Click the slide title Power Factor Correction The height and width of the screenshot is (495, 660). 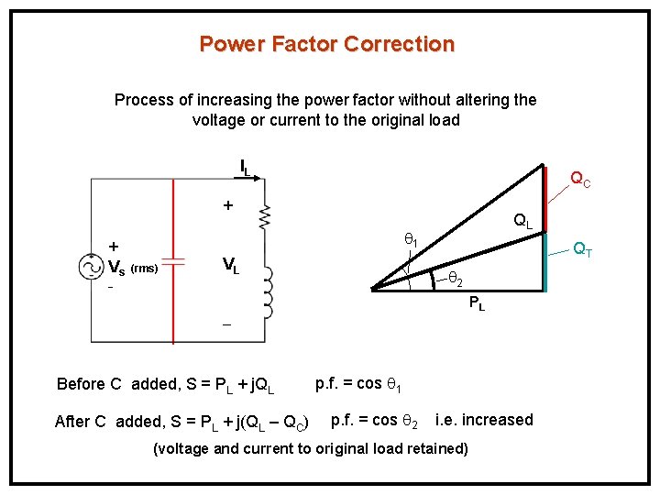(326, 44)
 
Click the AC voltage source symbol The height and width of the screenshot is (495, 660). (92, 266)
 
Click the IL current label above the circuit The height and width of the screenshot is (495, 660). (245, 168)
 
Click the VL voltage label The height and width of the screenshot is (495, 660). (231, 267)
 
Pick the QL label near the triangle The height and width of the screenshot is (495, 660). (522, 221)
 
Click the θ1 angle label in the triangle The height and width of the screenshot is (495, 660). (412, 240)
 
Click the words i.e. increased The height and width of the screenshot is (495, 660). (484, 420)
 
